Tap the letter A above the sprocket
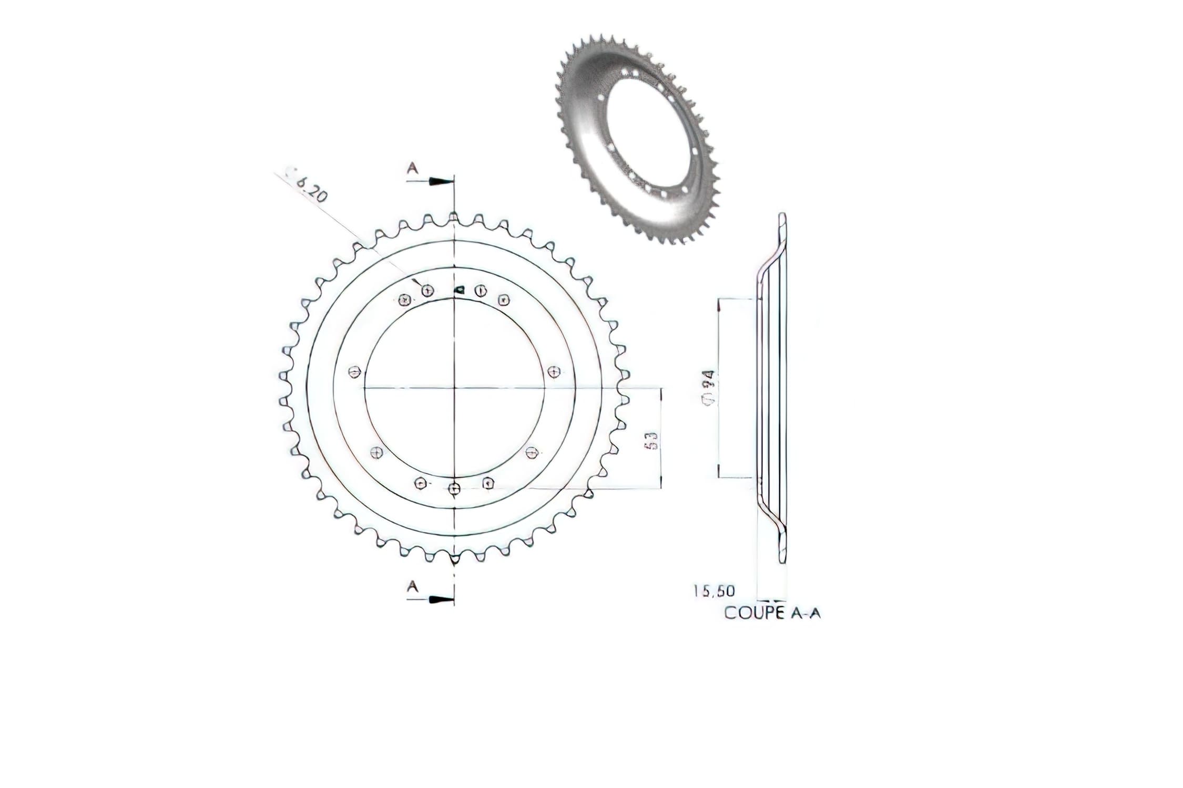[x=413, y=168]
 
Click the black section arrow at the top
[x=441, y=181]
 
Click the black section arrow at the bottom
[x=441, y=599]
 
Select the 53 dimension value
[x=650, y=440]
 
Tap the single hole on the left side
[x=354, y=372]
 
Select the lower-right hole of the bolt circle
[x=532, y=451]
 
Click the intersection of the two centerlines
[x=454, y=388]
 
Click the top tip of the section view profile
[x=782, y=215]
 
